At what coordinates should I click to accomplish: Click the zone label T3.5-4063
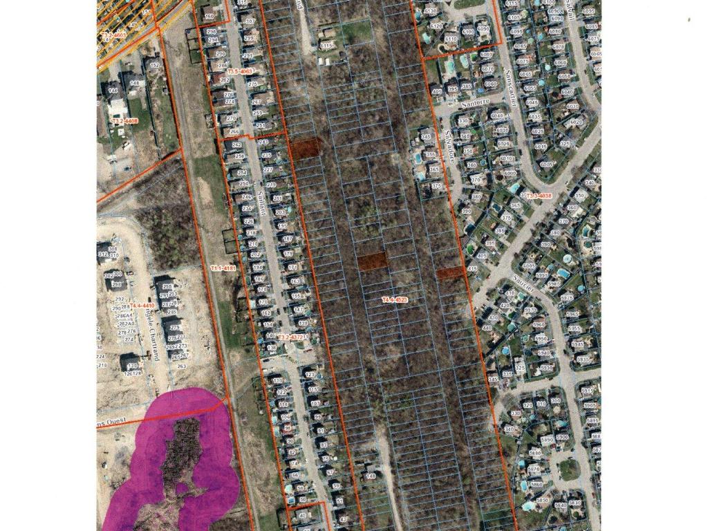click(239, 71)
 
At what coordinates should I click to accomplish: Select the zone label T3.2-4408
click(124, 121)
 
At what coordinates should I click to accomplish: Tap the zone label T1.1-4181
click(223, 268)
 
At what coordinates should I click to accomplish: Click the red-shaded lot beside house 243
click(305, 147)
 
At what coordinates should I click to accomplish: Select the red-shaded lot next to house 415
click(449, 273)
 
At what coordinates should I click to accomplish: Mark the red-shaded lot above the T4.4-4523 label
click(373, 261)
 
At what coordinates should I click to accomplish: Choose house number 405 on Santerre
click(436, 91)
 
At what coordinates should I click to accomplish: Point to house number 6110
click(451, 39)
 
